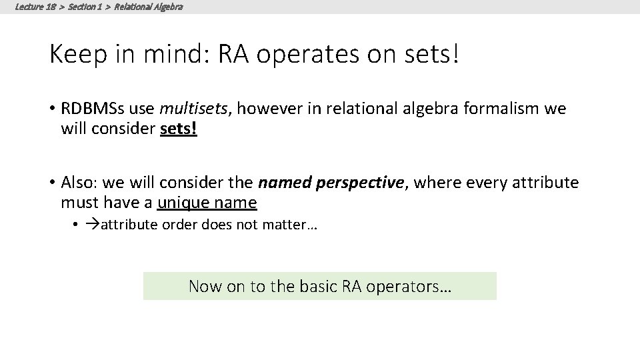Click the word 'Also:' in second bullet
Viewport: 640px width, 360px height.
click(x=78, y=182)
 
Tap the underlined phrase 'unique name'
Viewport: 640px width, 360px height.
click(x=207, y=201)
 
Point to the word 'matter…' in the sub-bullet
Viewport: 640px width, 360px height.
click(x=293, y=225)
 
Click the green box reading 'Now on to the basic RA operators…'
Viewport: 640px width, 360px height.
click(x=320, y=286)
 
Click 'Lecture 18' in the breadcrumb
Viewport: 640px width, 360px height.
click(x=31, y=7)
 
